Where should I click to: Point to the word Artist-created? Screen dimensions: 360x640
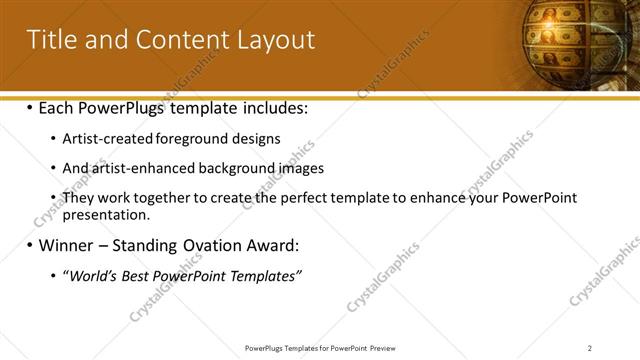coord(106,139)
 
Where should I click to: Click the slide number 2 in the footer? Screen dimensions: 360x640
coord(590,348)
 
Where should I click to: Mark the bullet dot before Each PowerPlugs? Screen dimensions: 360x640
coord(30,107)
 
